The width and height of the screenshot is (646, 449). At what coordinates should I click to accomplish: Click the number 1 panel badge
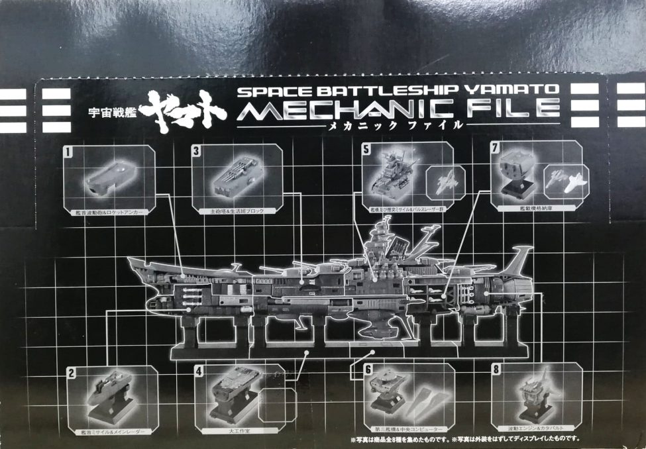coord(68,151)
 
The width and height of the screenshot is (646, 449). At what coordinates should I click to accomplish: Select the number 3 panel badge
coord(196,150)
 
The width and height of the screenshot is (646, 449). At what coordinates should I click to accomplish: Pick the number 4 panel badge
coord(198,371)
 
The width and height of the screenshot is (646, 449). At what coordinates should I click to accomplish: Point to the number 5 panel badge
coord(366,149)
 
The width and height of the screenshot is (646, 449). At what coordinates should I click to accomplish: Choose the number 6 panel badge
coord(368,370)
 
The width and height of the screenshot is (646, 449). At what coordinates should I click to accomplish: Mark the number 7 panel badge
coord(494,148)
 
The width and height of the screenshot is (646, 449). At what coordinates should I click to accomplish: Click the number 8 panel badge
coord(496,370)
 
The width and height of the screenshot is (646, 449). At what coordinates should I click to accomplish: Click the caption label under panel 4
coord(233,430)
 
